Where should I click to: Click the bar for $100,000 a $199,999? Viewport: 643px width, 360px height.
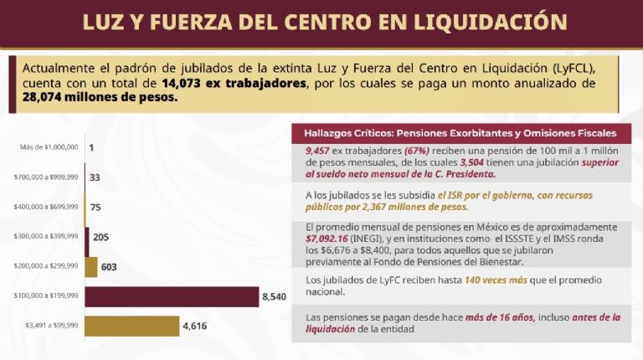tap(172, 296)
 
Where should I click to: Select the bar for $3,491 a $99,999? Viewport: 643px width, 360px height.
tap(131, 326)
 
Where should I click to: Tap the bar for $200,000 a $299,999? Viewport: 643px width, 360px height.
tap(90, 267)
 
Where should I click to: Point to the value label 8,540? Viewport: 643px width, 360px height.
tap(274, 296)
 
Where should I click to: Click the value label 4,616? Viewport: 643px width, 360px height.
tap(194, 326)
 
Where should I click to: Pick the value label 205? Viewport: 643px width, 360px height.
tap(100, 237)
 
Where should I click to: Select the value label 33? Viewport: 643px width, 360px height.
tap(94, 177)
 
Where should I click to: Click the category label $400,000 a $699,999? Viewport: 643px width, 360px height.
tap(46, 207)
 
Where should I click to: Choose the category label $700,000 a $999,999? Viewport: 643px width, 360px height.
tap(46, 177)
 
